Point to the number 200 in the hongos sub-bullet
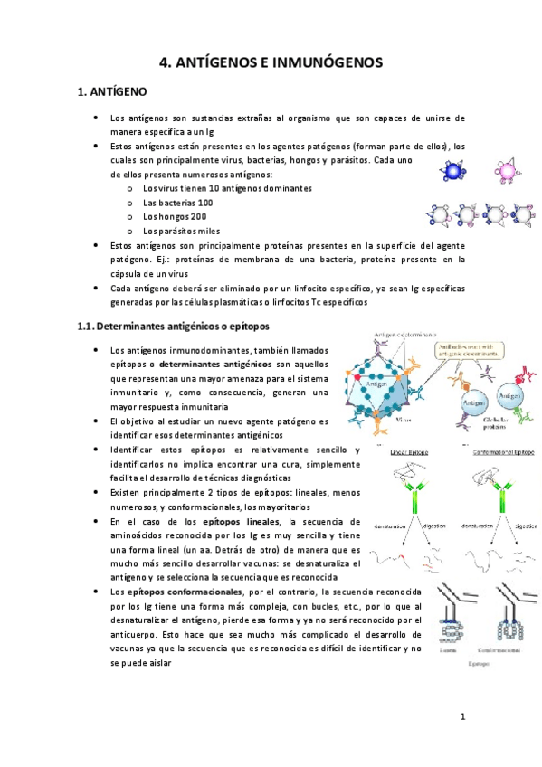point(198,217)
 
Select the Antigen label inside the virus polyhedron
point(374,384)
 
